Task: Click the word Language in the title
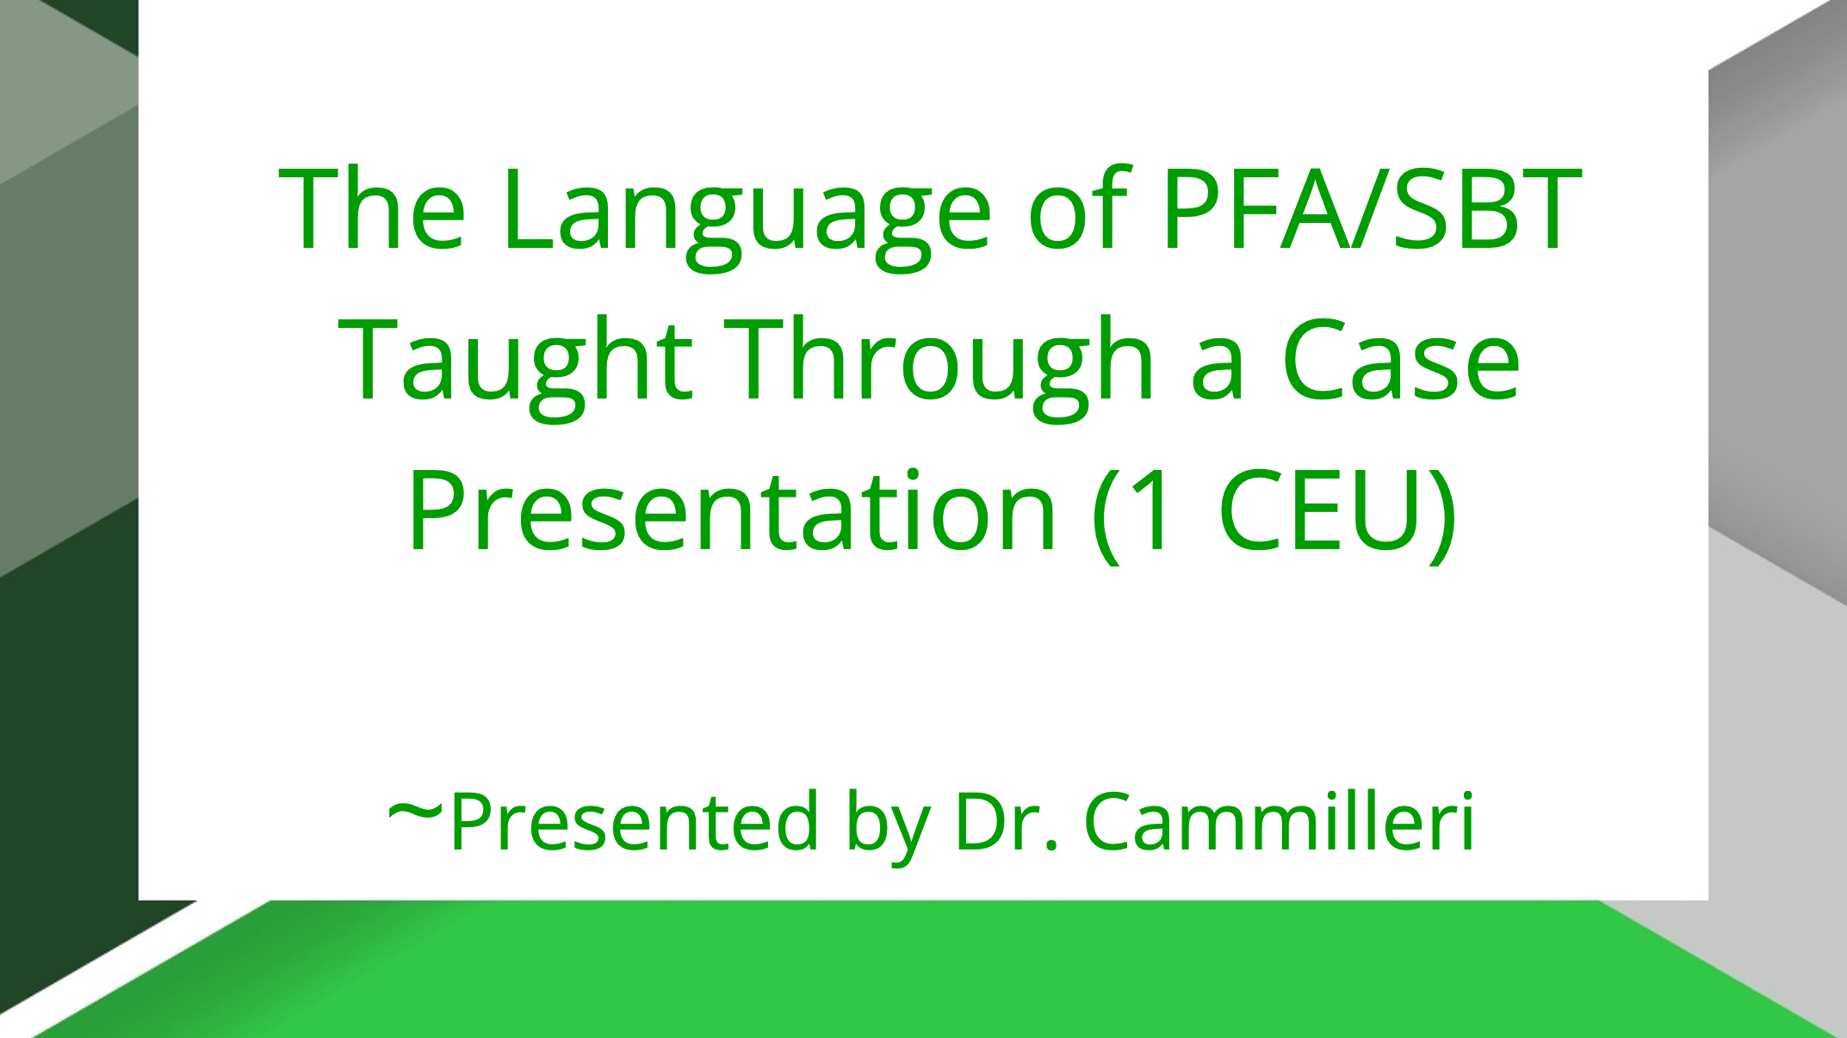tap(747, 217)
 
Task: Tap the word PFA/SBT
tap(1371, 208)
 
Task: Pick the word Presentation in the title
tap(731, 511)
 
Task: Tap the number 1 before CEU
tap(1154, 510)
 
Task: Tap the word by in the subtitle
tap(888, 828)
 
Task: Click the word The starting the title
tap(372, 208)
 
